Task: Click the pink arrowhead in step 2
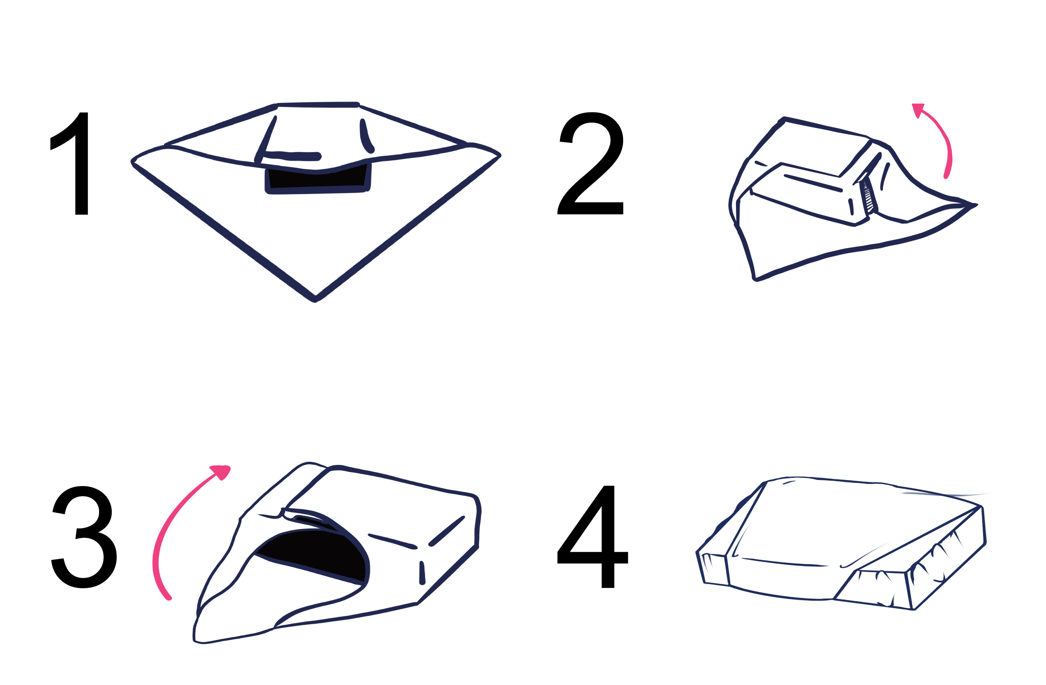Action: (918, 110)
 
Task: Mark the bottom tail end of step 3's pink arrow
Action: (169, 598)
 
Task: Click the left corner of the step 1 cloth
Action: (132, 162)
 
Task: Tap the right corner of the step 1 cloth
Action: (500, 155)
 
